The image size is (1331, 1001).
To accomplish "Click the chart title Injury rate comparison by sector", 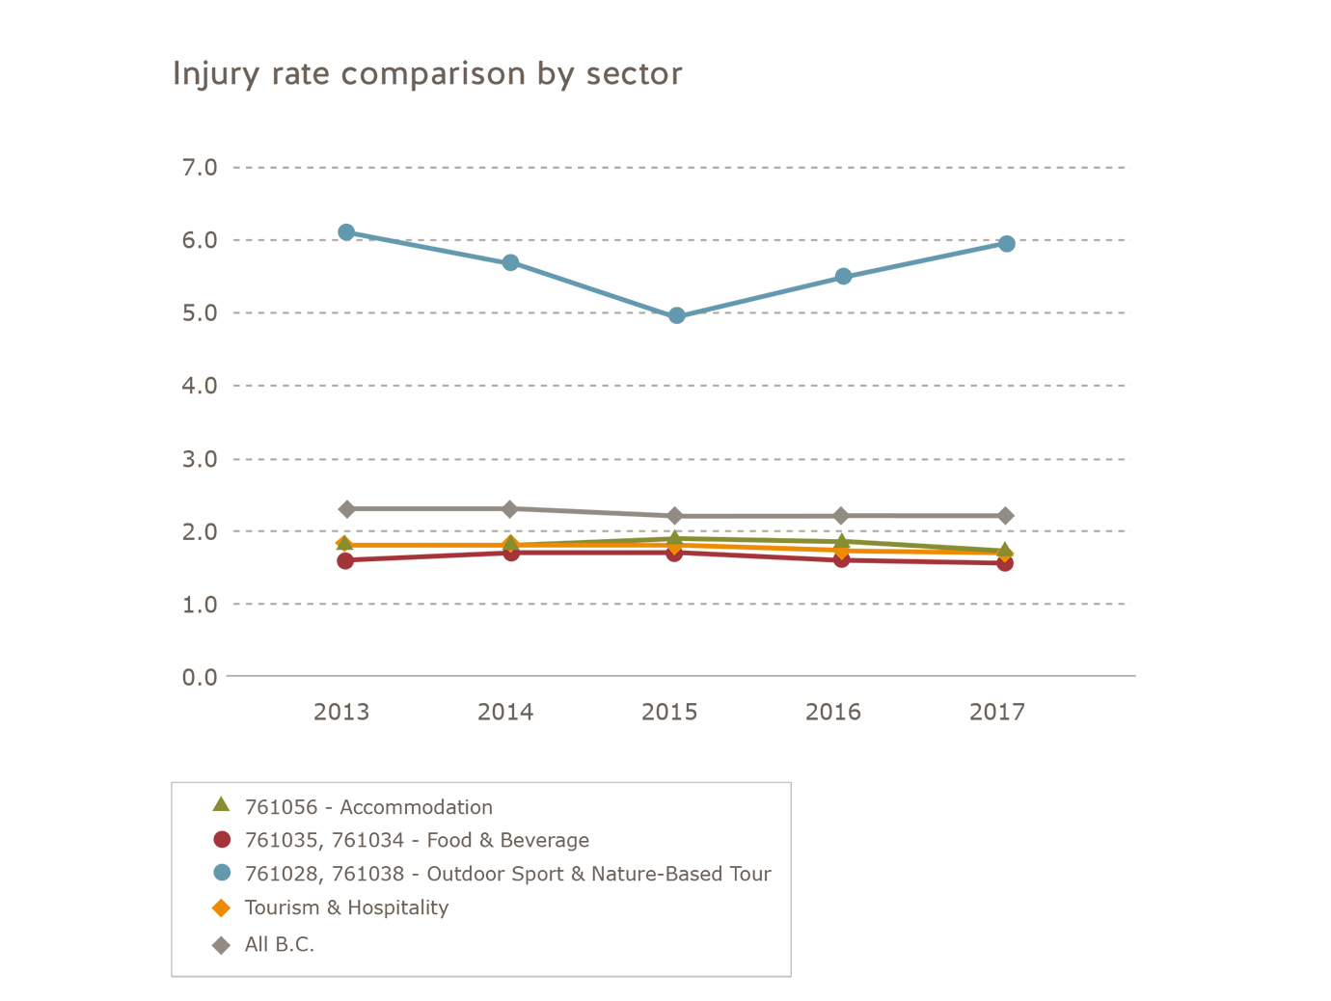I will point(427,74).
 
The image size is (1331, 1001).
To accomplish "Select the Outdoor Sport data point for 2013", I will point(346,232).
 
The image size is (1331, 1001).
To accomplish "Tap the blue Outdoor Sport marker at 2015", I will point(676,315).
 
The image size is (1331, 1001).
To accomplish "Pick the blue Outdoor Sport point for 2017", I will point(1006,244).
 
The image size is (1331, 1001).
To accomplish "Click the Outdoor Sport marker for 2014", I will point(511,262).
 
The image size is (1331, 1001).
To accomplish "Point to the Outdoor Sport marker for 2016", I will point(843,277).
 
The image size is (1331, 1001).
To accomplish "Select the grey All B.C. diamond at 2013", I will point(346,509).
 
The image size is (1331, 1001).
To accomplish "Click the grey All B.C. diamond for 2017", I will point(1006,516).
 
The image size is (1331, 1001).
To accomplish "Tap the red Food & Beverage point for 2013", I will point(345,560).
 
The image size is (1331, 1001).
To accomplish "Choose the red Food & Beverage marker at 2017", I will point(1005,563).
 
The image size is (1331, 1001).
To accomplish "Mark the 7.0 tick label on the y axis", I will point(200,168).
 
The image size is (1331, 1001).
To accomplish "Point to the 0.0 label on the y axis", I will point(200,677).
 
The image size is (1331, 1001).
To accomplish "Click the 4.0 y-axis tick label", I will point(200,386).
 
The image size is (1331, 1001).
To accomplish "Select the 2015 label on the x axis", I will point(669,713).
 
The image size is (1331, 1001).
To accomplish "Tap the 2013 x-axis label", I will point(341,713).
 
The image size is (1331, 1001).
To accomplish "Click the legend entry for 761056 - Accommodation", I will point(368,807).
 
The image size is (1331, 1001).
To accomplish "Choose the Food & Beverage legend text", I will point(417,840).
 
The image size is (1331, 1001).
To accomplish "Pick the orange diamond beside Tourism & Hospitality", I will point(222,908).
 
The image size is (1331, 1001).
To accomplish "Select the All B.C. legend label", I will point(280,945).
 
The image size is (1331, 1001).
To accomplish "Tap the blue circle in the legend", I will point(222,873).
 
